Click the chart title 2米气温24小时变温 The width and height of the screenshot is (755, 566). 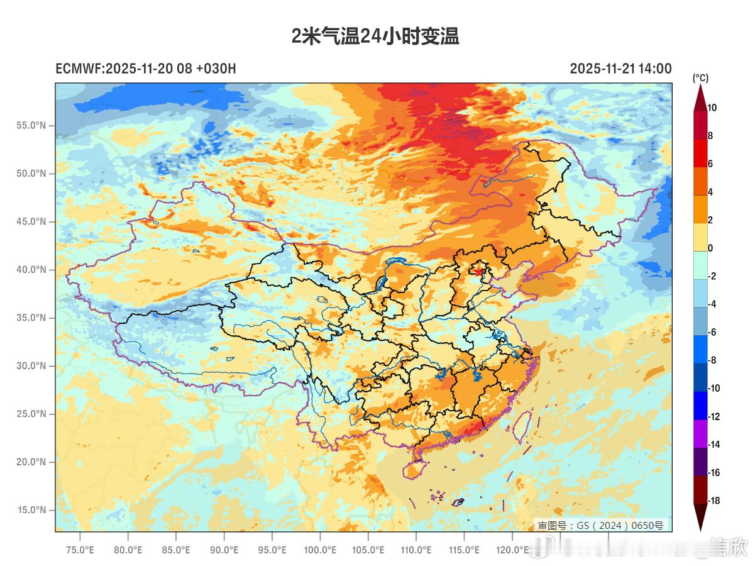(375, 36)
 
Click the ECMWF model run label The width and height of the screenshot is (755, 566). (146, 69)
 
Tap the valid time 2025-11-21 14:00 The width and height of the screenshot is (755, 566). (620, 69)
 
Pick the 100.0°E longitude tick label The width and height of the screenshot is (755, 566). (320, 550)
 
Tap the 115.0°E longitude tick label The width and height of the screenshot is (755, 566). (464, 550)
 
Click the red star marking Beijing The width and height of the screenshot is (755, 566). (479, 272)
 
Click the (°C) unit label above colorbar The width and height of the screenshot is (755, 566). (700, 78)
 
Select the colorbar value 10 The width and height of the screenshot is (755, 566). (712, 108)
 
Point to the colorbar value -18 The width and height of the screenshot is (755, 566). (714, 501)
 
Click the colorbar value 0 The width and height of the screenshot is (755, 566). (710, 248)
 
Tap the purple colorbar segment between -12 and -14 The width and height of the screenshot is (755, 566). (700, 431)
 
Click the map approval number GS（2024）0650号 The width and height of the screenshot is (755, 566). (600, 525)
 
